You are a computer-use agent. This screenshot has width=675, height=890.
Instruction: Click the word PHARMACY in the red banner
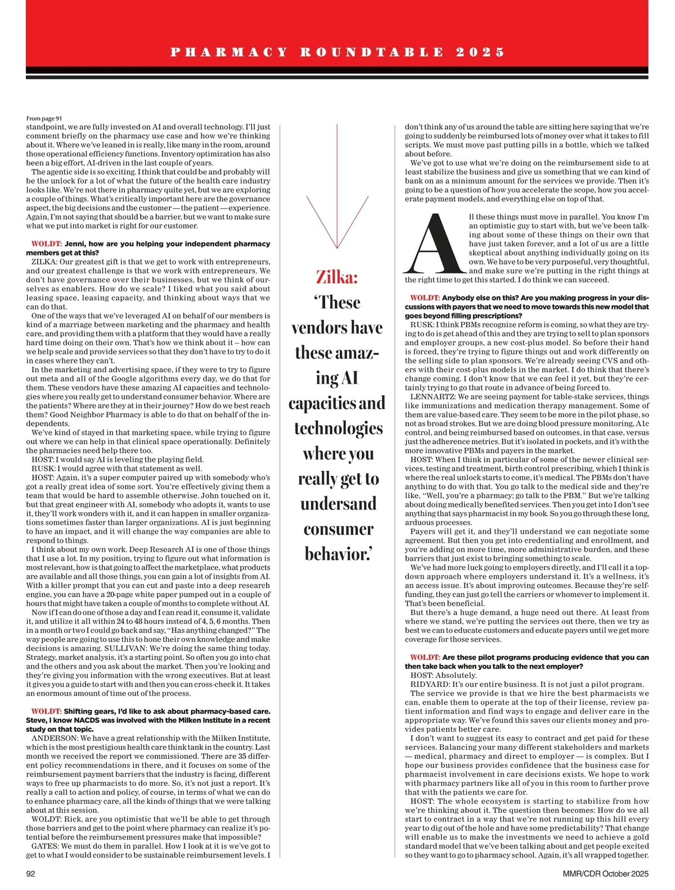(228, 52)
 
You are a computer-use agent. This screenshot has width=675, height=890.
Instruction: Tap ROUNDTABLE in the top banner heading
(371, 52)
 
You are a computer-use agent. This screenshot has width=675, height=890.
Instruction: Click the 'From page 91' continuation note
(44, 118)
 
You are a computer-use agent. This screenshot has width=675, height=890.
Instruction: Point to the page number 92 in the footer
(31, 874)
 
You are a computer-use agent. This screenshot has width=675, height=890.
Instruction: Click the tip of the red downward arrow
(336, 247)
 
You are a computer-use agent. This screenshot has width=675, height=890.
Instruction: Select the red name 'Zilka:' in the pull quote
(336, 277)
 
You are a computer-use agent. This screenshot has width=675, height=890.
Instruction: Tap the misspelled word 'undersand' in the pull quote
(337, 504)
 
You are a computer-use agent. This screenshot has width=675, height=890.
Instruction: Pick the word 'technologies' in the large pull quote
(338, 428)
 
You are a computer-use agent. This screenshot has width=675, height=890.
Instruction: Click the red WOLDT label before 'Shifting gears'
(46, 711)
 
